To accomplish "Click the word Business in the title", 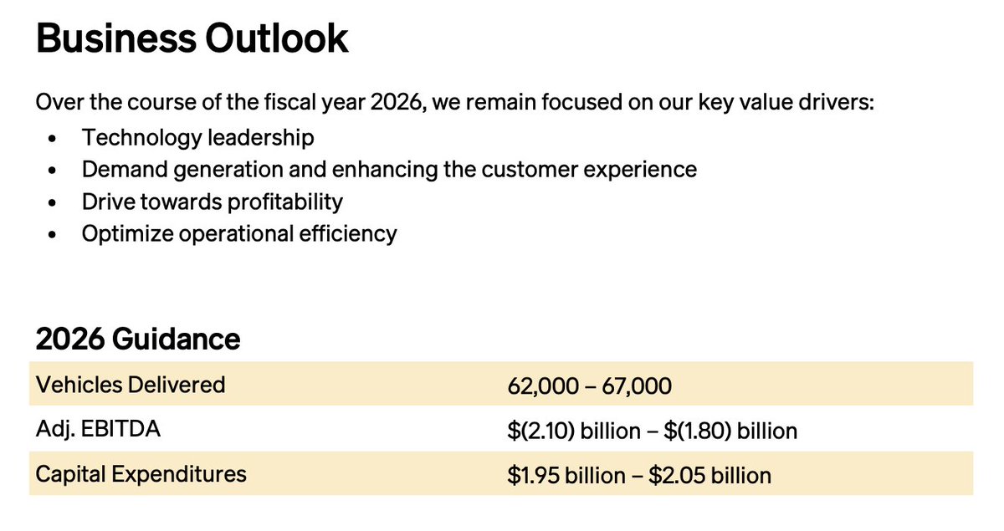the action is [116, 38].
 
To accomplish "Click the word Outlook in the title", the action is [277, 38].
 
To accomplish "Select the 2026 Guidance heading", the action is [138, 339].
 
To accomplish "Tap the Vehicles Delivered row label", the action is [131, 385].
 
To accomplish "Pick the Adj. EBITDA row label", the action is [98, 429].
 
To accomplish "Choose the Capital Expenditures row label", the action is [141, 474].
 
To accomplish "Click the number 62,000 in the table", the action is [543, 386].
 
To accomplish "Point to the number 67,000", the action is [637, 386].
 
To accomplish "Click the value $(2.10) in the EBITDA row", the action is [541, 431].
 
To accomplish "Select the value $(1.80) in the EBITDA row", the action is [698, 431].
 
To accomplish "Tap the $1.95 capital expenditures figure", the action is [534, 476].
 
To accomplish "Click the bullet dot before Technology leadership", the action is [52, 139].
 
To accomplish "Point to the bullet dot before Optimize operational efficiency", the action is [52, 234].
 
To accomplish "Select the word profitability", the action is [285, 202].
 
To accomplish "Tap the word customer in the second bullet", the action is [530, 170].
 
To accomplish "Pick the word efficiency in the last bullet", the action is [348, 234].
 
